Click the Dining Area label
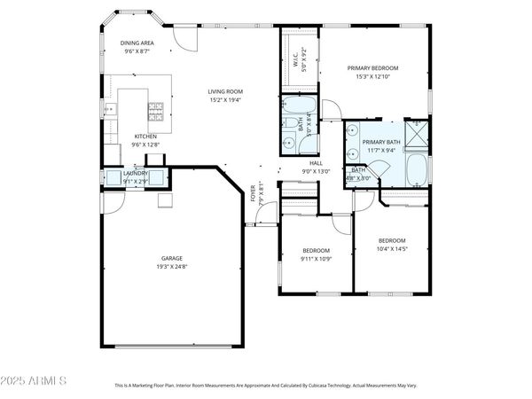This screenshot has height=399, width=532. pos(137,43)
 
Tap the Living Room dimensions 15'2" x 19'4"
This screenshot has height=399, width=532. pos(225,100)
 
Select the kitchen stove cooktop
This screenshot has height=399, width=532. pos(154,111)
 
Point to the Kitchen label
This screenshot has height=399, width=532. pos(145,137)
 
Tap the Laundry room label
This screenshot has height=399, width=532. pos(136,173)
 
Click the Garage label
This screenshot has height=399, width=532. pos(171,258)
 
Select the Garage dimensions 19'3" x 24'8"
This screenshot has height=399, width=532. pos(171,267)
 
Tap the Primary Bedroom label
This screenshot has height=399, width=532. pos(372,67)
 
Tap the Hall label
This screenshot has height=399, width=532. pos(316,163)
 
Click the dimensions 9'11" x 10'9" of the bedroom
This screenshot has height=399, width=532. pos(317,259)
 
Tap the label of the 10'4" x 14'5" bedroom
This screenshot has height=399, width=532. pos(391,241)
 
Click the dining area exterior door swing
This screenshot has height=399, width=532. pos(184,35)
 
